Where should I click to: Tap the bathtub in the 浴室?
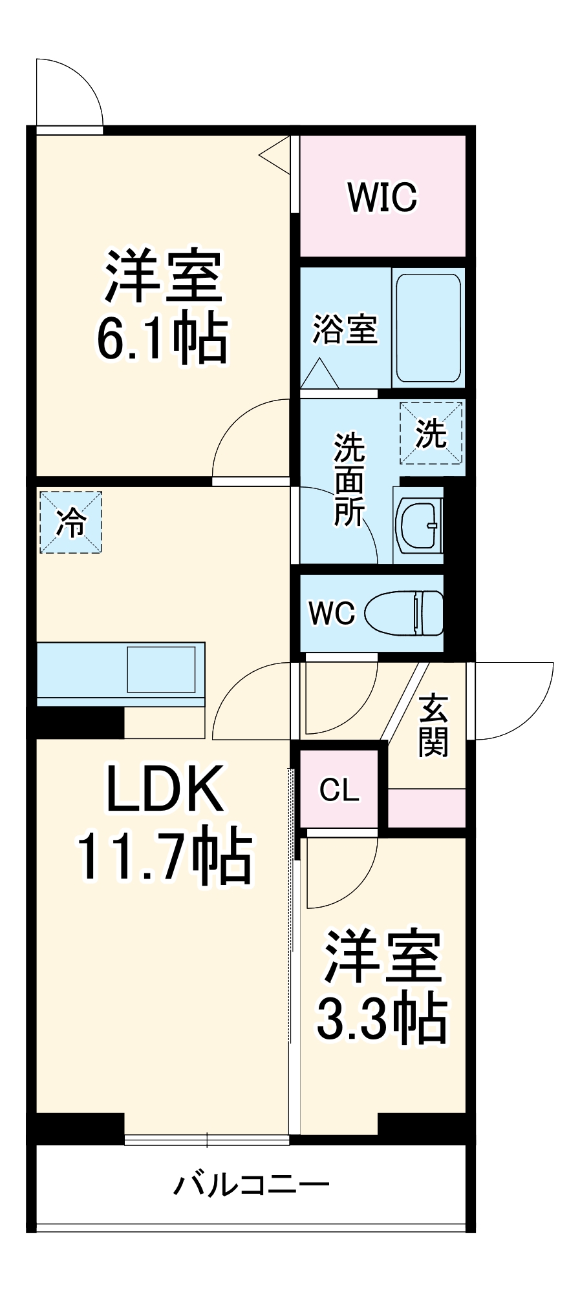[x=428, y=328]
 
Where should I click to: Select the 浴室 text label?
[x=345, y=329]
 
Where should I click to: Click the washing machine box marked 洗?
[x=431, y=433]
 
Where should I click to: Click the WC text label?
[x=332, y=612]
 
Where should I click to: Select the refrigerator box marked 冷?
[x=71, y=522]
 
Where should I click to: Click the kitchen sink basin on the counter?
[x=161, y=669]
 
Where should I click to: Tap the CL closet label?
[x=339, y=789]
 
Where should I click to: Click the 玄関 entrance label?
[x=433, y=725]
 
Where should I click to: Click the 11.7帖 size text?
[x=164, y=856]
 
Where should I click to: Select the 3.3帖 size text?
[x=381, y=1019]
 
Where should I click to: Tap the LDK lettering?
[x=164, y=788]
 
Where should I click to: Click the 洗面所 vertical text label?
[x=349, y=479]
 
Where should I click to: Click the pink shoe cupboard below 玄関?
[x=427, y=807]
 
